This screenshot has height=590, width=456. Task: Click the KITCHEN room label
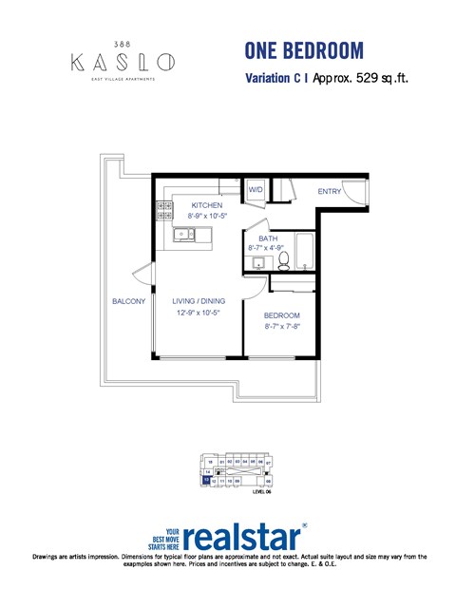pos(207,205)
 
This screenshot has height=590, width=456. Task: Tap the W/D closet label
pos(256,190)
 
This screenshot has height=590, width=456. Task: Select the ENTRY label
pos(330,192)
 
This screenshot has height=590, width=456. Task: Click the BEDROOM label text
pos(282,315)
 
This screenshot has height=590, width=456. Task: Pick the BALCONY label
pos(128,301)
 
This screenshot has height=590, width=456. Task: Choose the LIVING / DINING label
pos(199,301)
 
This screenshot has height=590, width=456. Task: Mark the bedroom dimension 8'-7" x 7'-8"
pos(282,327)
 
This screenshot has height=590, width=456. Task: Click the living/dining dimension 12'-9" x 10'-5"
pos(199,313)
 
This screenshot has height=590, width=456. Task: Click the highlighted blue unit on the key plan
pos(206,481)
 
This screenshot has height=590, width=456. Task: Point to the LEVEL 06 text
pos(262,492)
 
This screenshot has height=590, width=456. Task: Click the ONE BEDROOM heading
pos(303,50)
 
